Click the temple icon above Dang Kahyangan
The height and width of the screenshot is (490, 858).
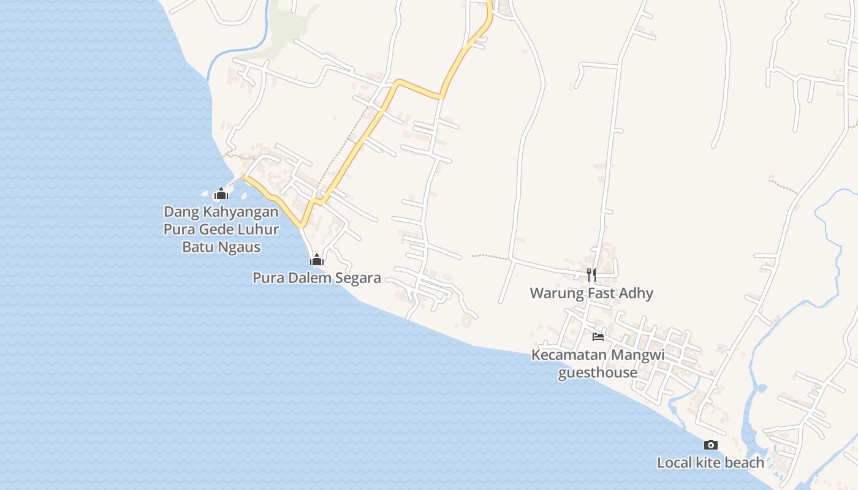pyautogui.click(x=221, y=194)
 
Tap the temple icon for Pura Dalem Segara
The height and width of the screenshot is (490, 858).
pyautogui.click(x=316, y=260)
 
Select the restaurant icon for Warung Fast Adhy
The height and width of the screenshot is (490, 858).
pyautogui.click(x=591, y=274)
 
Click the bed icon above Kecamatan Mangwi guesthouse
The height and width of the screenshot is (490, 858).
pyautogui.click(x=598, y=336)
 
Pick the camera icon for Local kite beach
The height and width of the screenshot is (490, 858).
pyautogui.click(x=710, y=445)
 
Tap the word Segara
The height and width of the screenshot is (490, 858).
pyautogui.click(x=357, y=278)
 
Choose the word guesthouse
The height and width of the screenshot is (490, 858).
pyautogui.click(x=598, y=372)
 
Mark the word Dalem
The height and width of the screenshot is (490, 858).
pyautogui.click(x=302, y=278)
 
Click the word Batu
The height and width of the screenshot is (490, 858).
pyautogui.click(x=199, y=247)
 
